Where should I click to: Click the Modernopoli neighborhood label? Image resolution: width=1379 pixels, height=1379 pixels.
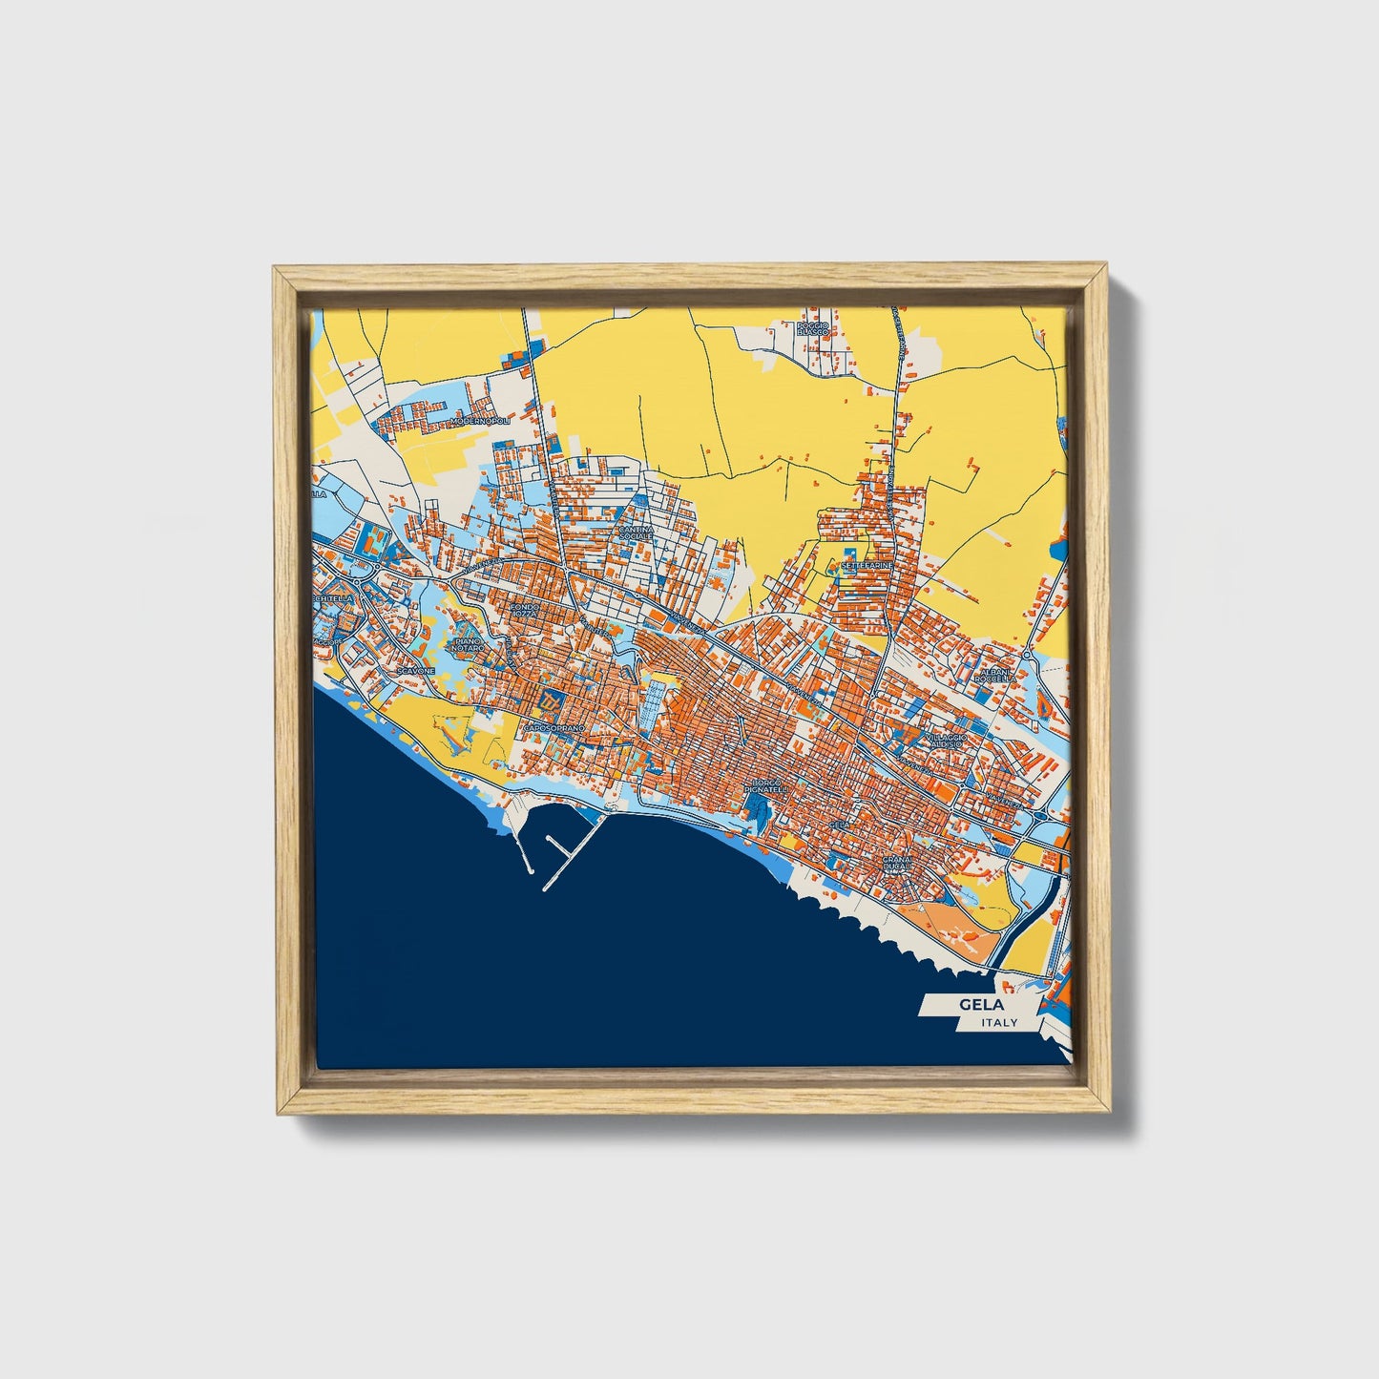pyautogui.click(x=481, y=420)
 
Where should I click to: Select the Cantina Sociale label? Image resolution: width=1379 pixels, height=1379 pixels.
pyautogui.click(x=636, y=533)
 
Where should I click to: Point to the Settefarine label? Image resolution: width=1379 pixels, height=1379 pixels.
pyautogui.click(x=867, y=565)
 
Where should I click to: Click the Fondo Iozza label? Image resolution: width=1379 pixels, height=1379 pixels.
pyautogui.click(x=526, y=609)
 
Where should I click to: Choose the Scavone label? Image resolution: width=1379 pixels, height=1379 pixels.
pyautogui.click(x=417, y=671)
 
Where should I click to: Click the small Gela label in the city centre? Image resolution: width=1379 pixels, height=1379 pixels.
pyautogui.click(x=840, y=824)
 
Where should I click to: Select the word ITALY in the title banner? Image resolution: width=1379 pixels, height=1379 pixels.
pyautogui.click(x=998, y=1023)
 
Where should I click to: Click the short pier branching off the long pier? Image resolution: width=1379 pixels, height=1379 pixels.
pyautogui.click(x=556, y=845)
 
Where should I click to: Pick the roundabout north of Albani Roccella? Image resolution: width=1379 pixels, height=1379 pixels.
pyautogui.click(x=1027, y=657)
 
